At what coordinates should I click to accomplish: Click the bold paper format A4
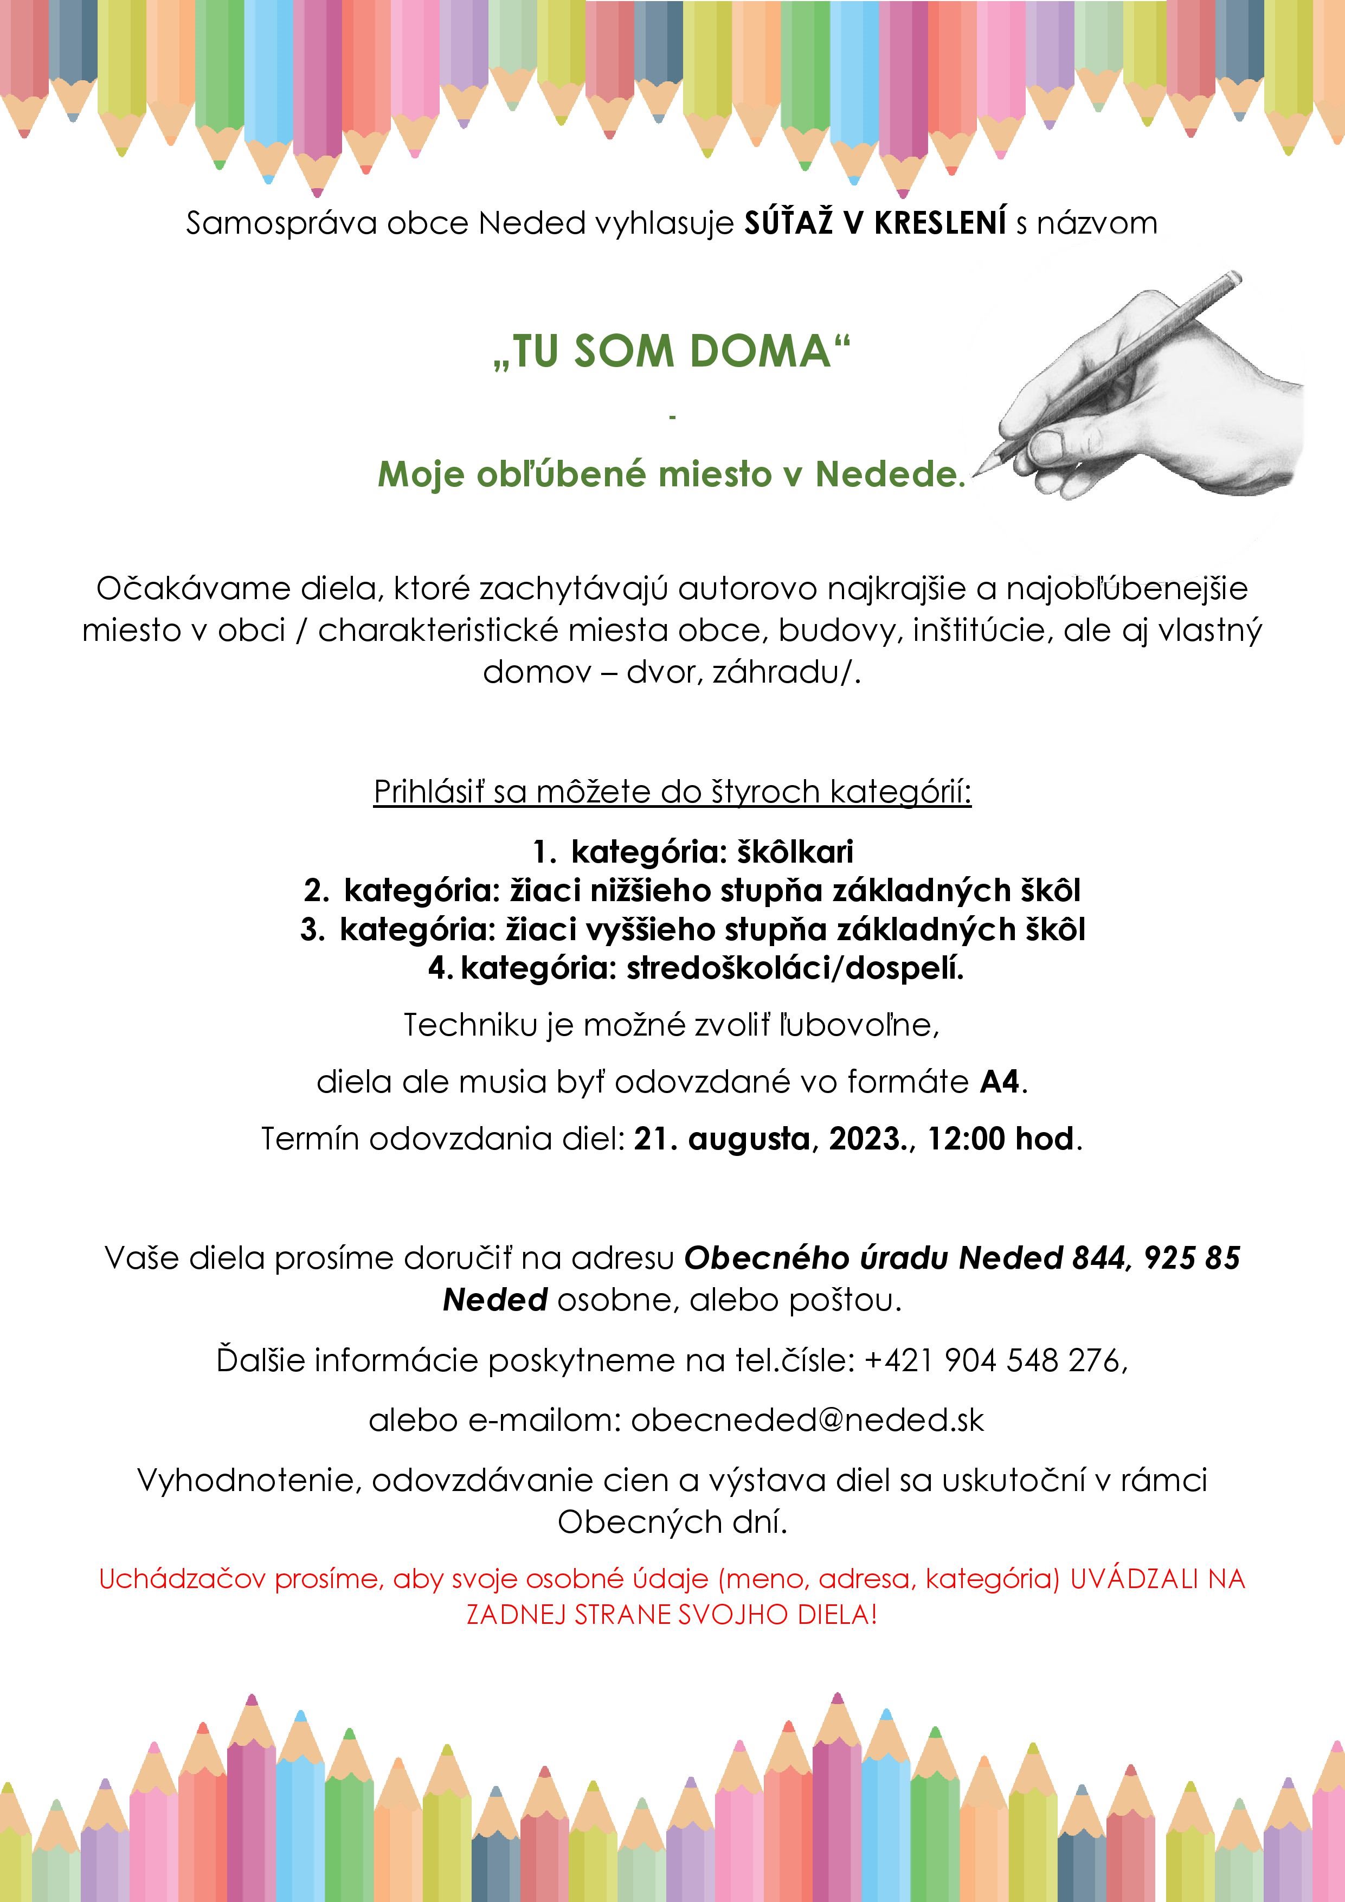tap(1000, 1082)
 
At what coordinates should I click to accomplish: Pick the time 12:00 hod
tap(1000, 1139)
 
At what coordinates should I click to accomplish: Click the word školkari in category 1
tap(795, 852)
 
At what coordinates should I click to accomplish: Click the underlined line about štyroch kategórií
tap(672, 792)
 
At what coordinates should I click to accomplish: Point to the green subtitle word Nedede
tap(890, 474)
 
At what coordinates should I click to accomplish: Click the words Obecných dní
tap(672, 1522)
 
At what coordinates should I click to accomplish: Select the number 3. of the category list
tap(312, 929)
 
